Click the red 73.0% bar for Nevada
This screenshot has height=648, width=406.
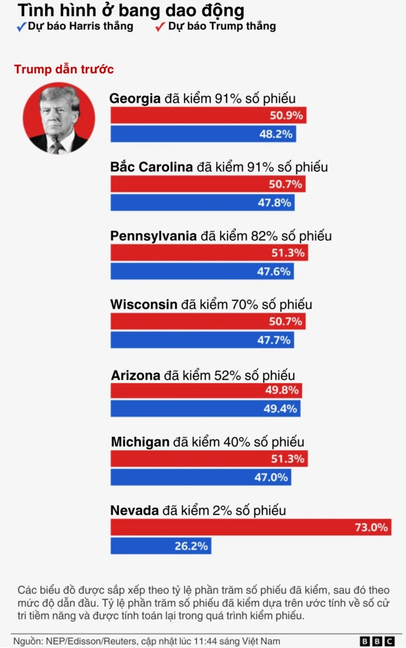(251, 527)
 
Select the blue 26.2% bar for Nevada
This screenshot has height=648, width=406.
(160, 545)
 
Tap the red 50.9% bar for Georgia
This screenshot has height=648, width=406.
(209, 115)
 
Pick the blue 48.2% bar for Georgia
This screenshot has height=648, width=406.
(203, 134)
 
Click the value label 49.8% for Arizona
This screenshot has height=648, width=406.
(281, 390)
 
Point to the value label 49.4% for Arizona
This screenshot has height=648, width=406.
(280, 408)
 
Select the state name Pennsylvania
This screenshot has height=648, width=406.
(154, 236)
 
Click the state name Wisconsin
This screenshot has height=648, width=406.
(143, 304)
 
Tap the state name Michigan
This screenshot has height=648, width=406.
(140, 441)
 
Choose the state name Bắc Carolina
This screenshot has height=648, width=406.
(152, 167)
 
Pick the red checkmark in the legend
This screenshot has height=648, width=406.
(160, 27)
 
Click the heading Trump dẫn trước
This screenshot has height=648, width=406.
(63, 69)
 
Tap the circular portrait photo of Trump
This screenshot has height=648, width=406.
(59, 118)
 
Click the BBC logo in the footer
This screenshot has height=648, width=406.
(376, 641)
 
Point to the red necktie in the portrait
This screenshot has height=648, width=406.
(57, 147)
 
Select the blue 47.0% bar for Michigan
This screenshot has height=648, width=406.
(201, 477)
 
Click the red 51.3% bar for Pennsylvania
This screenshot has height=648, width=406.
(209, 252)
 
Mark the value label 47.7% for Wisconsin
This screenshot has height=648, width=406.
(275, 340)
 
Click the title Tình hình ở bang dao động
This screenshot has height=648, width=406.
(130, 10)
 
